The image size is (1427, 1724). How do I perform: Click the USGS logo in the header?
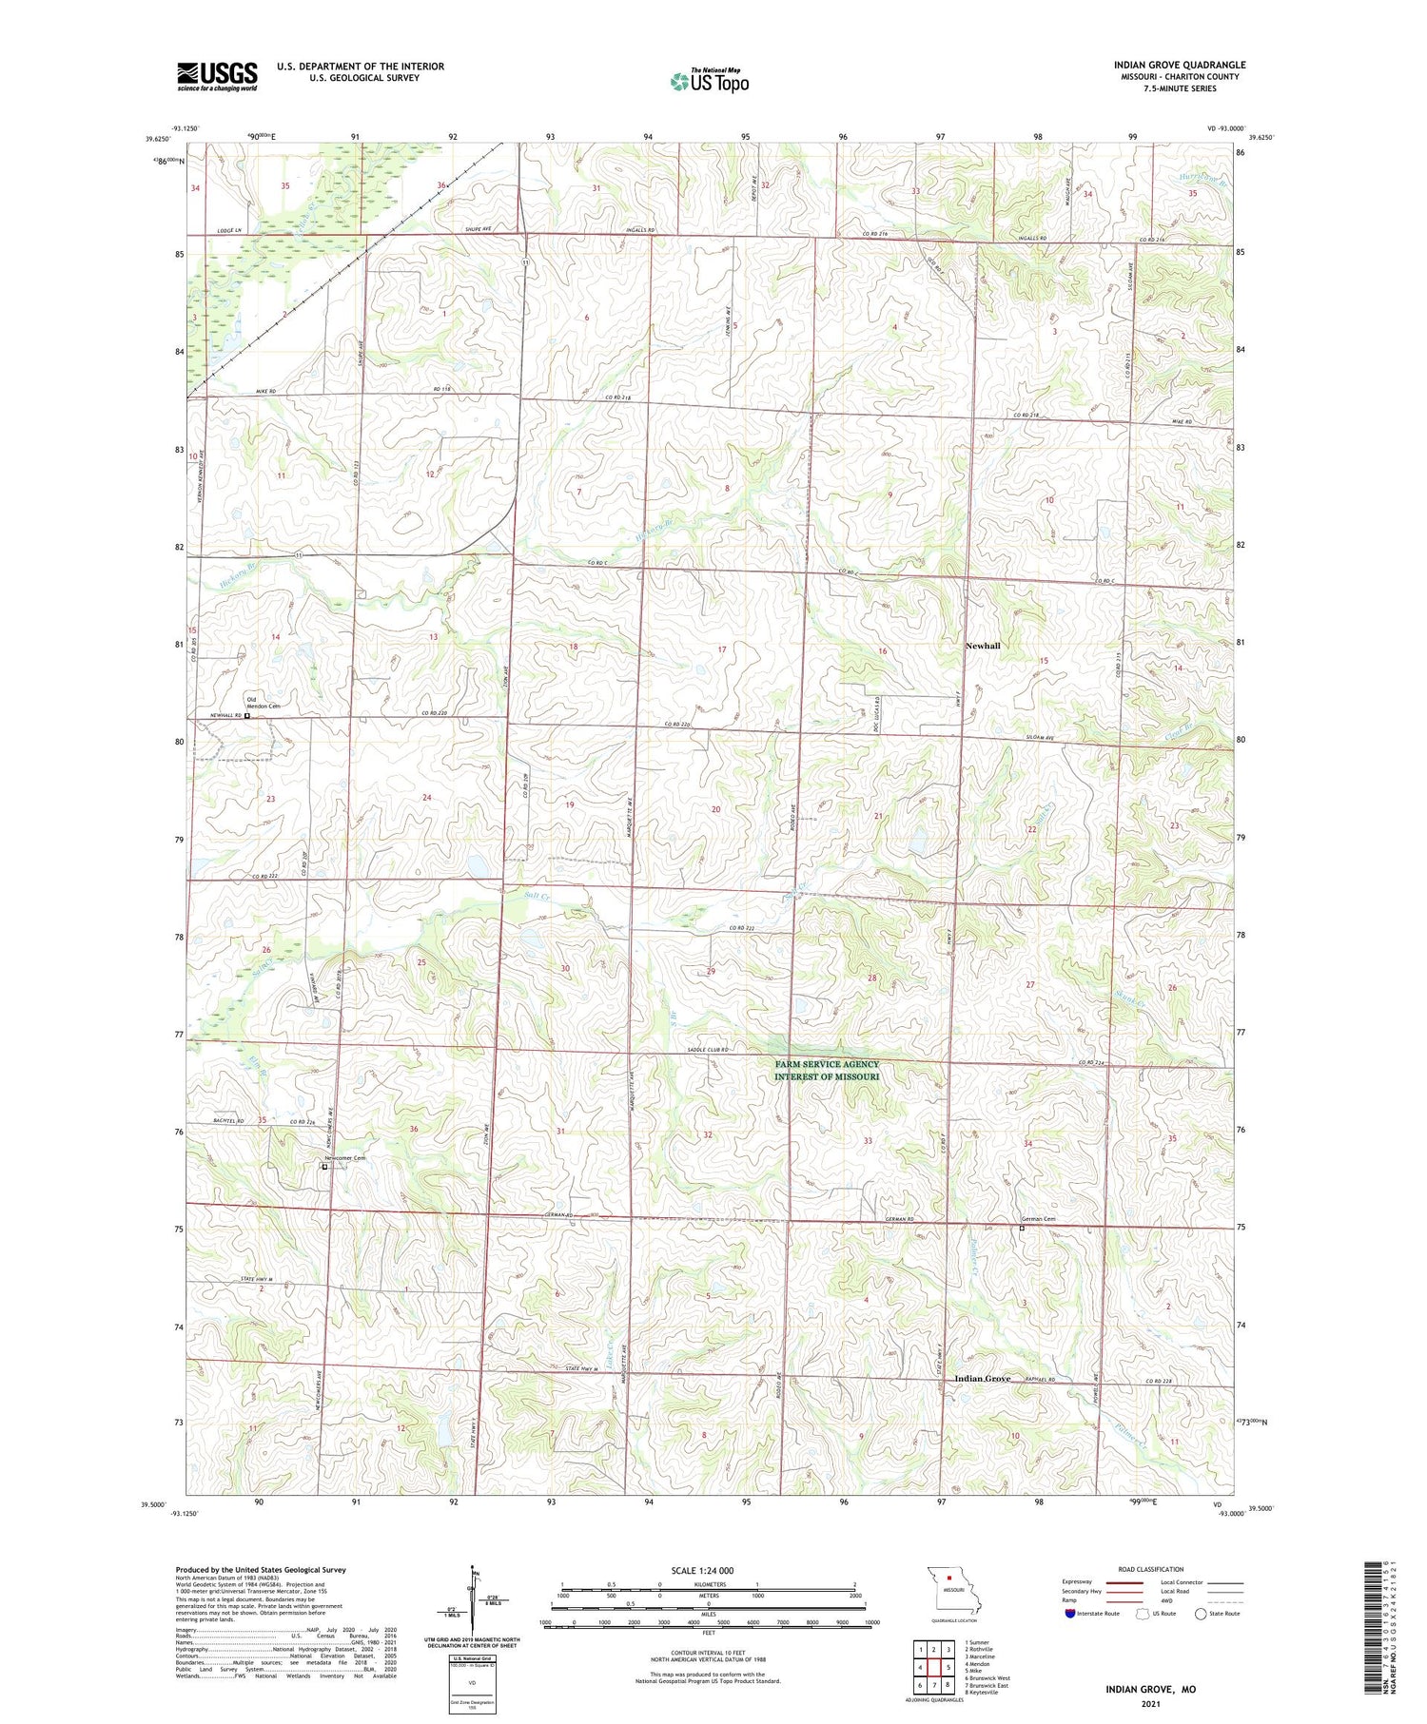coord(217,76)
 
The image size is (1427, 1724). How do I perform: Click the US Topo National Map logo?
coord(709,81)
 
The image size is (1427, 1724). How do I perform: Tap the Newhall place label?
coord(983,646)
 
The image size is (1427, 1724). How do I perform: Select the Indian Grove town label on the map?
coord(983,1379)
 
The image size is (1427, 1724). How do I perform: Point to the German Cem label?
coord(1038,1220)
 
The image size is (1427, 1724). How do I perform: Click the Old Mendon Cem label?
coord(264,702)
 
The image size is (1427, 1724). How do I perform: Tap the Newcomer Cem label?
coord(345,1157)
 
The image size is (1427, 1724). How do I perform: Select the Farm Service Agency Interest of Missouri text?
coord(826,1071)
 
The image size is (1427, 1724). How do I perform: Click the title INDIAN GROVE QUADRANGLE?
coord(1179,65)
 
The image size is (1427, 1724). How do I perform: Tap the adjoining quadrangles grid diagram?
coord(934,1665)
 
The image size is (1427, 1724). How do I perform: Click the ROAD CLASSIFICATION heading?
coord(1151,1569)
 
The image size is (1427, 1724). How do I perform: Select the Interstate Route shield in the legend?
coord(1070,1614)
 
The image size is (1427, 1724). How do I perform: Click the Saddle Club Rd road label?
coord(706,1049)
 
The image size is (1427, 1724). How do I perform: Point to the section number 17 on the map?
coord(722,649)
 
